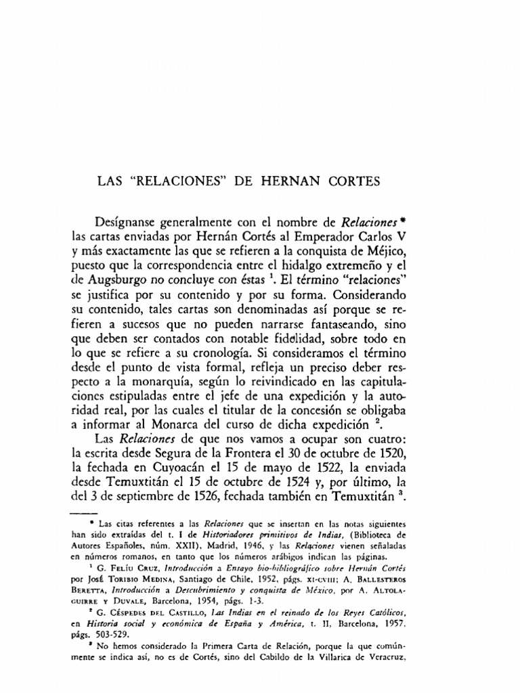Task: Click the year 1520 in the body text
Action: (x=410, y=466)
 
